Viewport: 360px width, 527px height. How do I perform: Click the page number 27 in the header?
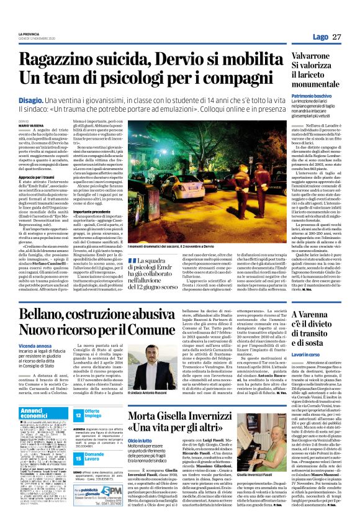coord(336,37)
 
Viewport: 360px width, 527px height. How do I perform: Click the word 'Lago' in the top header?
coord(320,37)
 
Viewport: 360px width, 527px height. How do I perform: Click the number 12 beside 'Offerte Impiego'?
coord(78,414)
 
